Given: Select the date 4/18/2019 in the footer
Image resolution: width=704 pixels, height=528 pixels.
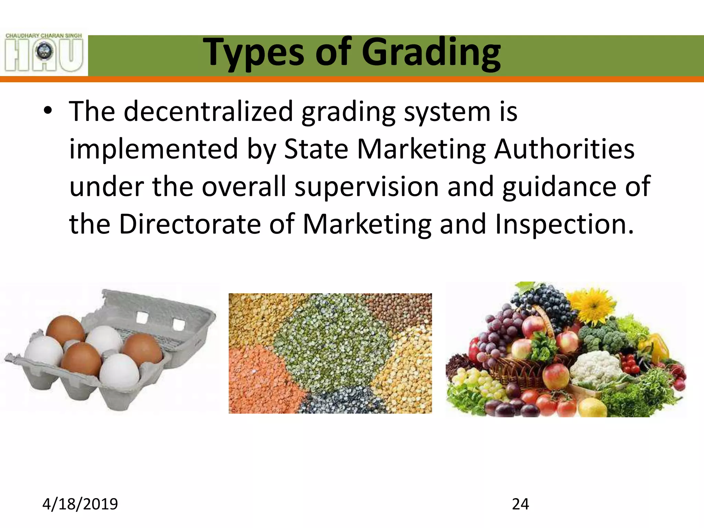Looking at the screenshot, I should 80,504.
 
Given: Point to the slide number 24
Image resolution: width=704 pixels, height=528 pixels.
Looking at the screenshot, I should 520,504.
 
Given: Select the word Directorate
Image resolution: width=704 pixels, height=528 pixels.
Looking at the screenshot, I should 190,224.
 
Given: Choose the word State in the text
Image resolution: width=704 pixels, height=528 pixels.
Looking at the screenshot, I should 316,149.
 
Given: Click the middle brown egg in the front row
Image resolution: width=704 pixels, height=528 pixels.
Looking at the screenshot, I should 82,359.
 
